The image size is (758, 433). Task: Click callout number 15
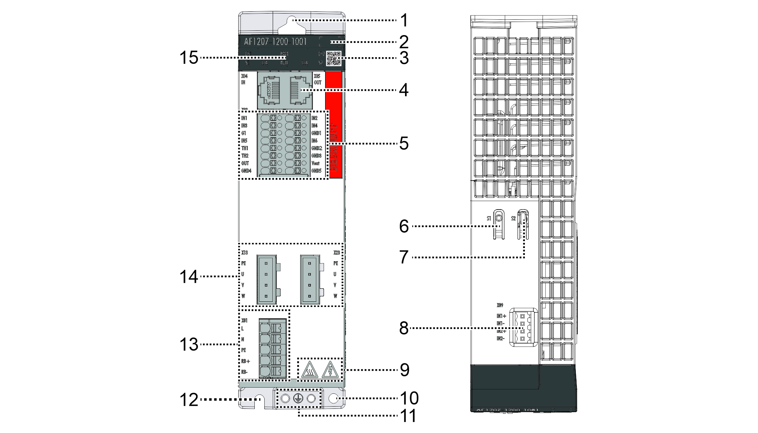click(x=189, y=58)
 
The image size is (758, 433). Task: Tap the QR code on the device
click(x=333, y=58)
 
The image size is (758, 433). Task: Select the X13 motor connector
click(x=267, y=280)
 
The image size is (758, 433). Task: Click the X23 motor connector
click(x=310, y=280)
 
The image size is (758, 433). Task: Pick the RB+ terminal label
click(x=245, y=361)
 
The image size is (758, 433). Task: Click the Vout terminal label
click(x=315, y=163)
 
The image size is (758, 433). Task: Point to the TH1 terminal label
click(x=244, y=148)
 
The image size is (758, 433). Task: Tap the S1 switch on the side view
click(x=498, y=224)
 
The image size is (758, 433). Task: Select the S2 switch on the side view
click(x=523, y=224)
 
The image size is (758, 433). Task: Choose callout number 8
click(x=404, y=328)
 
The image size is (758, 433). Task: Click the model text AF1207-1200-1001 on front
click(x=275, y=42)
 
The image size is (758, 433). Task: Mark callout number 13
click(x=189, y=345)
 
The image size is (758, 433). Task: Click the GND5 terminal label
click(x=316, y=171)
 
